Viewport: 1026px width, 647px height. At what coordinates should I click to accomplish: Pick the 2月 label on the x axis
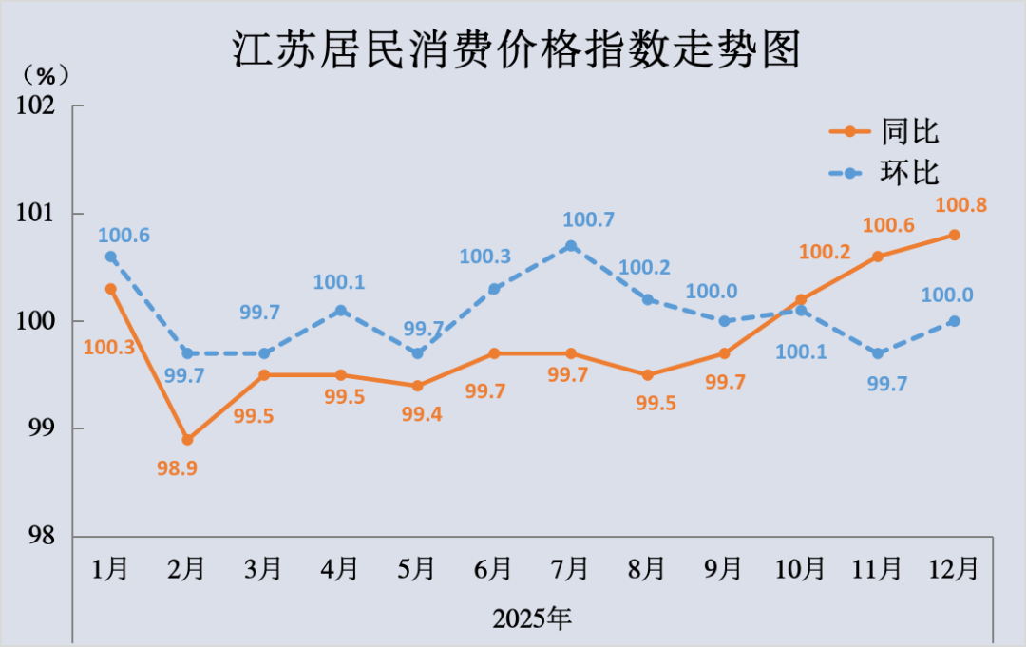point(186,569)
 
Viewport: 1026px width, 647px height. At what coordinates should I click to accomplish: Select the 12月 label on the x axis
point(953,569)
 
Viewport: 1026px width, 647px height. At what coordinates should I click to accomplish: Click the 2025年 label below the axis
point(532,618)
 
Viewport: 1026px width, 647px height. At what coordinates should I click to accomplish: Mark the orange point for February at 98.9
point(187,440)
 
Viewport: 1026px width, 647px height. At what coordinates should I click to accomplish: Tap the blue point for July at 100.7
point(571,246)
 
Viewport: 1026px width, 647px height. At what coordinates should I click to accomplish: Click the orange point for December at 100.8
point(955,235)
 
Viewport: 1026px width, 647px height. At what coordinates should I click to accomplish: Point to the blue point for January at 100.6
point(111,257)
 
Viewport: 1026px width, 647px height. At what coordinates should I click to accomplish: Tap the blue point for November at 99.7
point(878,353)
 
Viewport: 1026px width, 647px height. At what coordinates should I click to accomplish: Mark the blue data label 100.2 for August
point(645,268)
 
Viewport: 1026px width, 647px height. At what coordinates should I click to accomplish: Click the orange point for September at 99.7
point(724,353)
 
